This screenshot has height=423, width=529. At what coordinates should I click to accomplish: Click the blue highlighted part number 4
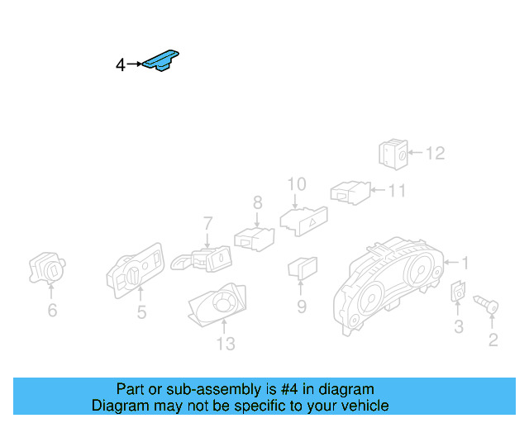tap(162, 61)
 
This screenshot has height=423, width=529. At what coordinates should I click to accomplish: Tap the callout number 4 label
tap(120, 64)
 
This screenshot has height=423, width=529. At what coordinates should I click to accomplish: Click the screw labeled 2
tap(488, 308)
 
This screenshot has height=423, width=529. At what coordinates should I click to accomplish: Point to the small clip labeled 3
tap(457, 292)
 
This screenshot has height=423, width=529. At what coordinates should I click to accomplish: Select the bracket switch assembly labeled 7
tap(203, 259)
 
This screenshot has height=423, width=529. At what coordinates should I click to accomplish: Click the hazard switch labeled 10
tap(303, 219)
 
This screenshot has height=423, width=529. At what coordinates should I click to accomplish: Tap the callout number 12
tap(436, 153)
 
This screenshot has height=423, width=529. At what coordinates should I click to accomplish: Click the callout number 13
tap(226, 344)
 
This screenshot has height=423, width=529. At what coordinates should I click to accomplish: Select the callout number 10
tap(296, 183)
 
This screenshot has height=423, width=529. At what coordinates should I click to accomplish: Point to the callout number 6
tap(52, 311)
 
